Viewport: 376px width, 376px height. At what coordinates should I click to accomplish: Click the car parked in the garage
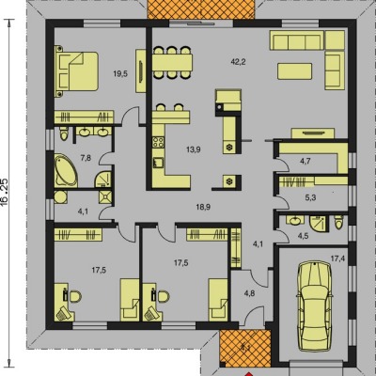click(315, 306)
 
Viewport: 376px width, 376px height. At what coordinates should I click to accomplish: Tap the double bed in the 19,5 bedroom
click(77, 71)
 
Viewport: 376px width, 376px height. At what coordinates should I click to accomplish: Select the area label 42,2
click(238, 62)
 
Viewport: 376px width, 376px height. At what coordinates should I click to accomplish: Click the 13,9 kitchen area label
click(194, 149)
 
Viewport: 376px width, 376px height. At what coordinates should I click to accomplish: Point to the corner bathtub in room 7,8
click(66, 170)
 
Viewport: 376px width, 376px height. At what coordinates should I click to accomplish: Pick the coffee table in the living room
click(294, 71)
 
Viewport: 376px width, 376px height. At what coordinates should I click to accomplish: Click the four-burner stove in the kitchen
click(158, 143)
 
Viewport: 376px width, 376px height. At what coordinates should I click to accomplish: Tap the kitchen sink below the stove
click(158, 163)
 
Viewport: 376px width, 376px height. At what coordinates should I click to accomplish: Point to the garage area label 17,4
click(337, 258)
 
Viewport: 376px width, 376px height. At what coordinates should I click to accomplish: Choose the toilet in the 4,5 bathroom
click(338, 223)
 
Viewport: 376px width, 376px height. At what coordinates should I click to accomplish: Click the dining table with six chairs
click(172, 62)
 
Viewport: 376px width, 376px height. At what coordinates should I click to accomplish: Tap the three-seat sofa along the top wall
click(297, 40)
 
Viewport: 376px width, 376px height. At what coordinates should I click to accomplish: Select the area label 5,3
click(310, 198)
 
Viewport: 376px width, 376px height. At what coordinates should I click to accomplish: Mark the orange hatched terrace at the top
click(200, 9)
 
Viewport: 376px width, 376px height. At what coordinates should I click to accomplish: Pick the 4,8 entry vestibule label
click(250, 293)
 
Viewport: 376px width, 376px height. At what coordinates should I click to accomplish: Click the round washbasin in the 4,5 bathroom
click(295, 221)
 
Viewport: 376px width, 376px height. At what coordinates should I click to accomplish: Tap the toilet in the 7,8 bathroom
click(64, 133)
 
